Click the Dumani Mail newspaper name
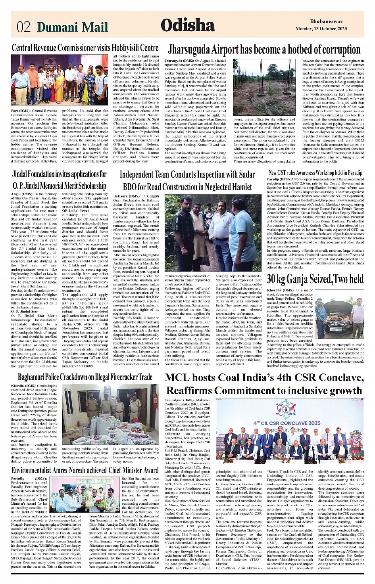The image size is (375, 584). [x=72, y=27]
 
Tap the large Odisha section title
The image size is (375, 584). [x=188, y=25]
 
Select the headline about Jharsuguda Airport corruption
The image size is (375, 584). [x=264, y=50]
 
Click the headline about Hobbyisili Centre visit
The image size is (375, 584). [x=85, y=48]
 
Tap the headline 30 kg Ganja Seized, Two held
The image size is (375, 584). [x=315, y=279]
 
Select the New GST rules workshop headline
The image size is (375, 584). [x=315, y=172]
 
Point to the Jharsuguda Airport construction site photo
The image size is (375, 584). [x=265, y=87]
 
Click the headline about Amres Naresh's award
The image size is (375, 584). [x=85, y=470]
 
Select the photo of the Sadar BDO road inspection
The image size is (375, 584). [x=213, y=232]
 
